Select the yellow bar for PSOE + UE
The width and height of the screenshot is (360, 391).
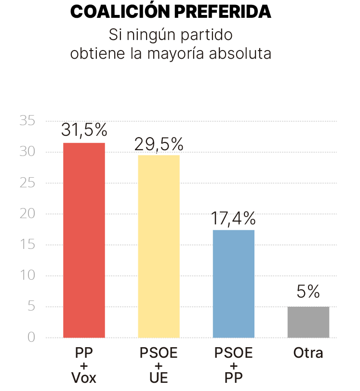click(x=159, y=246)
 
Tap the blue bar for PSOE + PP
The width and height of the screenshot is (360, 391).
click(x=233, y=284)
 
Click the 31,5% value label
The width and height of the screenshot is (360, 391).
click(x=84, y=130)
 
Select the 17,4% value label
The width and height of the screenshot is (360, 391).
click(x=233, y=219)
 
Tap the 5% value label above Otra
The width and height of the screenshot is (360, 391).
click(x=308, y=292)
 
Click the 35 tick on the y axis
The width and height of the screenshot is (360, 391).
click(x=27, y=121)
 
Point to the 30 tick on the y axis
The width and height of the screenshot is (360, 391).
click(x=27, y=152)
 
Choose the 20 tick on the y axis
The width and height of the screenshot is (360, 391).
click(x=27, y=214)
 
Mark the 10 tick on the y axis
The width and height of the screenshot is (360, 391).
click(x=27, y=276)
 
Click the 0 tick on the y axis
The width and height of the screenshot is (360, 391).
click(x=31, y=338)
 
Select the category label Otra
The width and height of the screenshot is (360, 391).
click(x=308, y=353)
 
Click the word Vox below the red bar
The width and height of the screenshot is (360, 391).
click(x=84, y=378)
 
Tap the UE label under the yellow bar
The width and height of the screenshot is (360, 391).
click(x=159, y=378)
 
